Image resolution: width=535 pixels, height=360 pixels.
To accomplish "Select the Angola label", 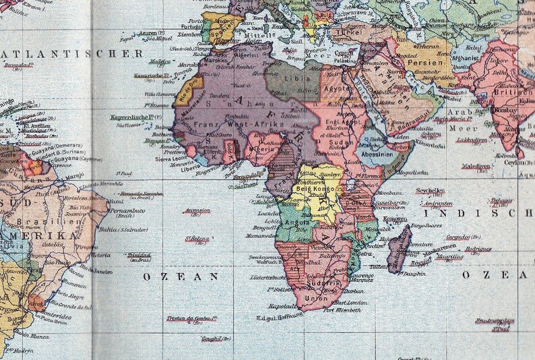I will pos(298,222).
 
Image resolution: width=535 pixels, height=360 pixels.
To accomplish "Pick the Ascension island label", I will pos(197,210).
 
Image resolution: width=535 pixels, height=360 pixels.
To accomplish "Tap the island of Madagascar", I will pos(400,249).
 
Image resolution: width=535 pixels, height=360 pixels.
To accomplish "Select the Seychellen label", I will pos(429,191).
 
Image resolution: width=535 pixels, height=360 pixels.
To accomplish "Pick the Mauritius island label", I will pos(449,257).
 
